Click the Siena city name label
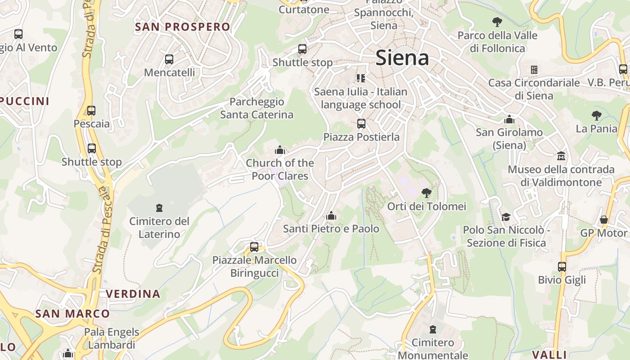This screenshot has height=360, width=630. point(402,58)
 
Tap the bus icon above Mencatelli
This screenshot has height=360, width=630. point(169,59)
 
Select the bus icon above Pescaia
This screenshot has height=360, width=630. point(91,110)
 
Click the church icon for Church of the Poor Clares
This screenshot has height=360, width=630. point(280,150)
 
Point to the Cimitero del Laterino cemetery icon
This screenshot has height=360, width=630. point(159,208)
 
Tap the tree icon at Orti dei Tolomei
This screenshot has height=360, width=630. point(426,193)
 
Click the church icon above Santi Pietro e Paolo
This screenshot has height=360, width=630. point(331,216)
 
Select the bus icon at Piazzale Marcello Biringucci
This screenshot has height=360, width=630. point(254,247)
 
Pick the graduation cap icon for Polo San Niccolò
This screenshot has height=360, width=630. point(506,217)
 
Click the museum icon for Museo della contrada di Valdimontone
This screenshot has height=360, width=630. point(561,156)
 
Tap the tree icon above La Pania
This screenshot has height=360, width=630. point(597,116)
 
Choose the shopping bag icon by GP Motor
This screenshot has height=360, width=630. point(604,220)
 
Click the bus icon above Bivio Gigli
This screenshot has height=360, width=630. point(562,266)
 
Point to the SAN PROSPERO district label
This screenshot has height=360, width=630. point(183,27)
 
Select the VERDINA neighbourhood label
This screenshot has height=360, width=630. point(133,294)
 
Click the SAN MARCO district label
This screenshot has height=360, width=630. point(72,314)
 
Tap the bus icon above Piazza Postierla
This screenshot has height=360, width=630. point(361,124)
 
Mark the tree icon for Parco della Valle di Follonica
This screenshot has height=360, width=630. point(497,22)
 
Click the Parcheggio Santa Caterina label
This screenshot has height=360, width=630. point(256,108)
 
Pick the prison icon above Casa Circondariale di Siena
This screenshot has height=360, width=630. point(534,70)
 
